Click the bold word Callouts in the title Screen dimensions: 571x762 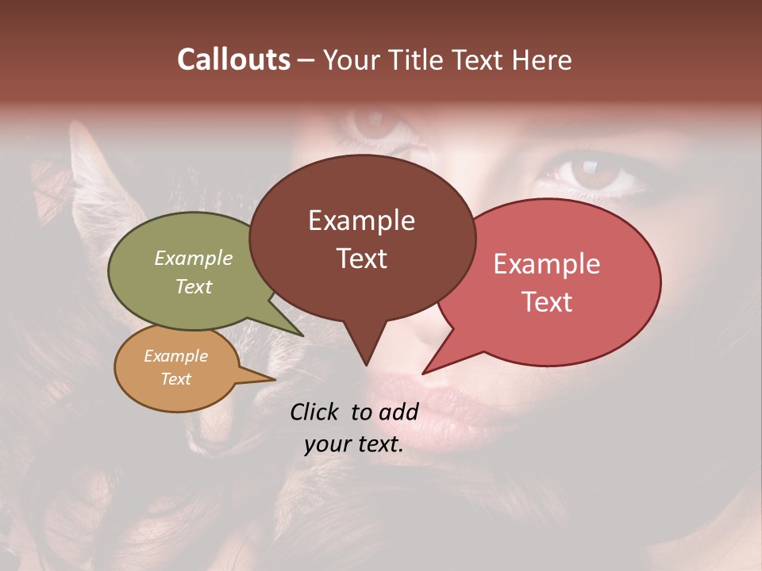[233, 59]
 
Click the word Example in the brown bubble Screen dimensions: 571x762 [362, 220]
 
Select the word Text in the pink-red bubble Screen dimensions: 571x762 [547, 302]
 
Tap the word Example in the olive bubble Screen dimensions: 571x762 [194, 259]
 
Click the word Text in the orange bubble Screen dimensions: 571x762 [176, 379]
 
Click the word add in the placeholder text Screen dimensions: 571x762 [398, 412]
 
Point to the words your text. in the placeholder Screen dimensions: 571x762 [354, 444]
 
